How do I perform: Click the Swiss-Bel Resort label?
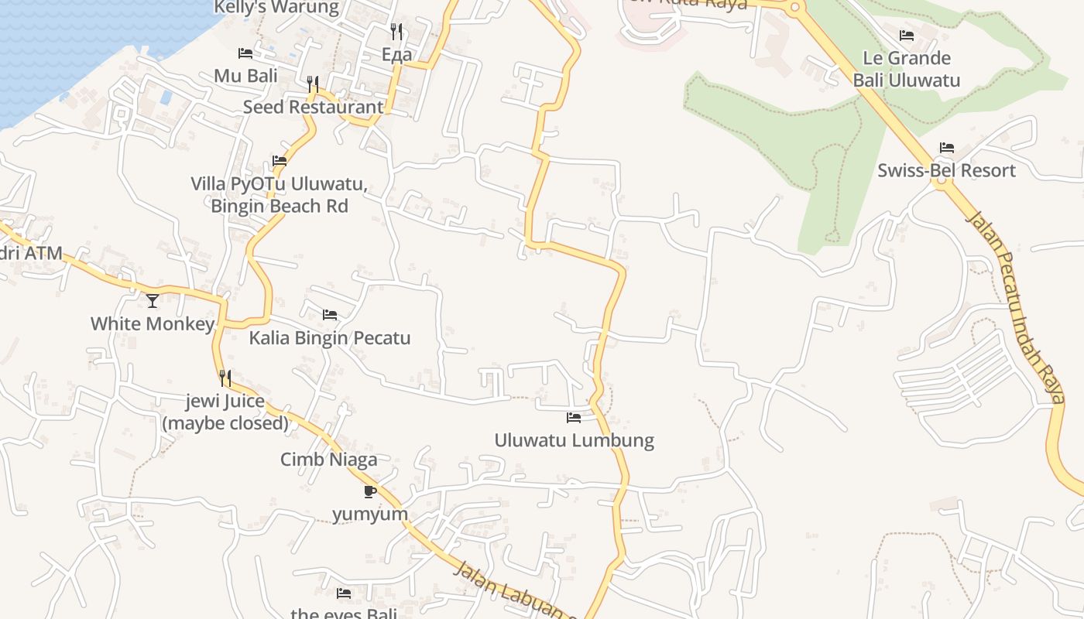(946, 170)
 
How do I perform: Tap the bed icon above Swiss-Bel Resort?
(946, 148)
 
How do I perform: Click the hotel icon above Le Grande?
(907, 36)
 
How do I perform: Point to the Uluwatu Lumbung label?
(574, 440)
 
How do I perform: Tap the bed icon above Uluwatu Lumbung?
(574, 418)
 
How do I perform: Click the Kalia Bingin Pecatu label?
(329, 338)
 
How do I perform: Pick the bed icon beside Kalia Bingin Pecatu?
(330, 315)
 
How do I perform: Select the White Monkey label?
(152, 323)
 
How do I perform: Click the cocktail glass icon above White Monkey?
(153, 300)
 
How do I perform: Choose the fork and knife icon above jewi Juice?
(225, 378)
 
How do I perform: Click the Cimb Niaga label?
(328, 460)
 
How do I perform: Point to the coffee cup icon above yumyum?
(370, 491)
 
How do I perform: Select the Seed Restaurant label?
(313, 107)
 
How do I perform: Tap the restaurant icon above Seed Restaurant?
(313, 84)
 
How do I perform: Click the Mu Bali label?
(245, 76)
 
